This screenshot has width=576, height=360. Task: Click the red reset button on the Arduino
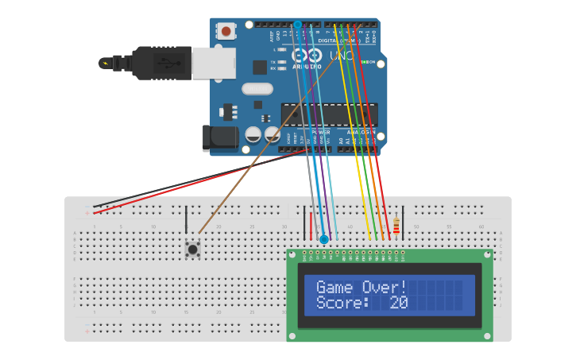click(226, 32)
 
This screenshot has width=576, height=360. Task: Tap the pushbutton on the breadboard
click(192, 250)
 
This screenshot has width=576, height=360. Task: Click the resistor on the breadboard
click(396, 226)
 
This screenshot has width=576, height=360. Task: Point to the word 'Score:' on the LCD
click(342, 302)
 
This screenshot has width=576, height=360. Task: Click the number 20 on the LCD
click(398, 302)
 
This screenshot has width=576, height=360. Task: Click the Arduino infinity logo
click(306, 56)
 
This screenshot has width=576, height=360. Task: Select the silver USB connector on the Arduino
click(213, 62)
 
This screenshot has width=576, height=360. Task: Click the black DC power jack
click(220, 138)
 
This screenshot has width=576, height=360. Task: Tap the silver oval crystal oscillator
click(257, 89)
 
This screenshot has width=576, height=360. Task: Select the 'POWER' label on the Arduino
click(321, 132)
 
